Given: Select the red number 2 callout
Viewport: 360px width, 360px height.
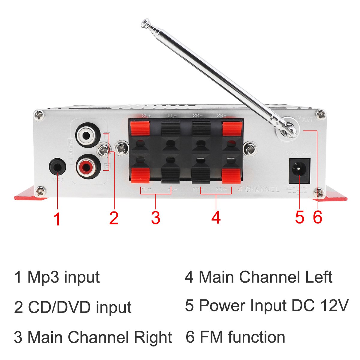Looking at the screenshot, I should click(114, 218).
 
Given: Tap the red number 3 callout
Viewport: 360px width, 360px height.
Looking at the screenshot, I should click(155, 218).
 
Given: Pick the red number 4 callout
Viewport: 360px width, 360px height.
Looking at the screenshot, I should click(216, 218).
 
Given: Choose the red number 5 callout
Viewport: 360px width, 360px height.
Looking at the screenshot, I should click(299, 217).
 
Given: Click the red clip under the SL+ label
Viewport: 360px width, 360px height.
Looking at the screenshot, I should click(140, 127).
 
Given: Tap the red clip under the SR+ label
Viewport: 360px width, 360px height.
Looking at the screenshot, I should click(232, 127).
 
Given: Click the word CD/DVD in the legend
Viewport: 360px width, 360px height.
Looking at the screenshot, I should click(60, 307).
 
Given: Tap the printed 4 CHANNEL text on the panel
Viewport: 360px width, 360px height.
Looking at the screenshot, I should click(258, 189).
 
